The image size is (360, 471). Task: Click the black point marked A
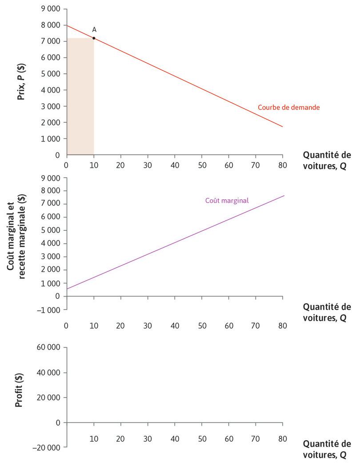coord(94,38)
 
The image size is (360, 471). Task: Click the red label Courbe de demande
coord(288,108)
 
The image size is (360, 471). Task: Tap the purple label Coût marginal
coord(227,201)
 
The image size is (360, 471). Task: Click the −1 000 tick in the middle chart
coord(49,310)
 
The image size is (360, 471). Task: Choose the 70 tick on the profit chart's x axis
coord(256,439)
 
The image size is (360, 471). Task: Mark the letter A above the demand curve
coord(94,29)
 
